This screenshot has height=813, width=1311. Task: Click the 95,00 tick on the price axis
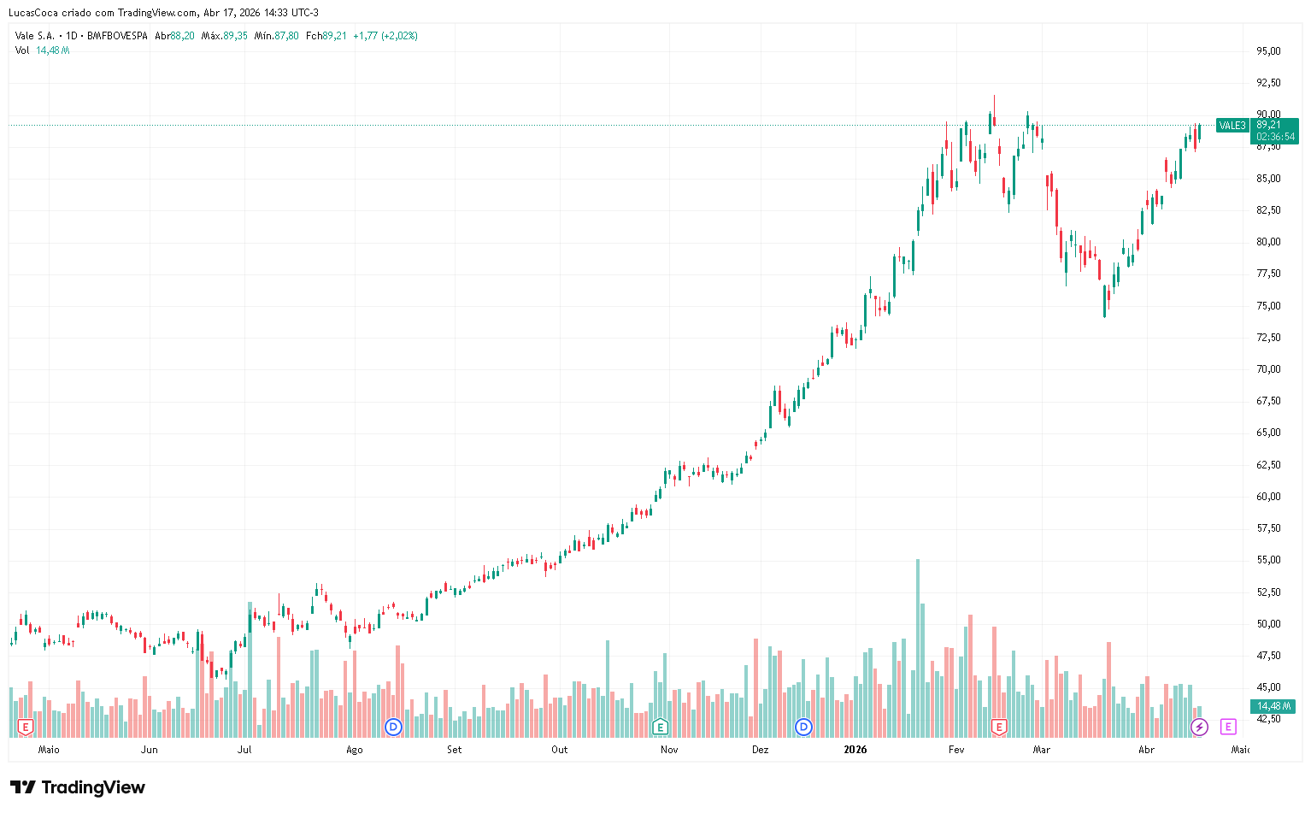[1267, 51]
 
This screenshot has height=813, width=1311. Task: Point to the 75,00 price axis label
[1267, 306]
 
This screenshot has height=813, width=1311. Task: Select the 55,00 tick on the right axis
[1267, 560]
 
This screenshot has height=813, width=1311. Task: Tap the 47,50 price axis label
[1267, 656]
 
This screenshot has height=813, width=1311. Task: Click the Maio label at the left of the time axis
[49, 750]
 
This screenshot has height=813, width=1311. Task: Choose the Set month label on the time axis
[454, 750]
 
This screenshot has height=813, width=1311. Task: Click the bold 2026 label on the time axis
[855, 750]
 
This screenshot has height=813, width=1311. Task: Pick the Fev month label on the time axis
[955, 750]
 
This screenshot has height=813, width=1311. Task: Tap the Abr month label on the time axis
[1146, 750]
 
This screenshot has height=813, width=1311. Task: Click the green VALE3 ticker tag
[1232, 126]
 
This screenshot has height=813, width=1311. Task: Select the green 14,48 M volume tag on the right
[1273, 706]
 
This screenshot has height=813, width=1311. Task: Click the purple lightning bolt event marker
[1199, 728]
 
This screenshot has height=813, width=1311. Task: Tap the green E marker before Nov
[660, 728]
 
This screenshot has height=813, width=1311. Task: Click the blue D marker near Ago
[393, 728]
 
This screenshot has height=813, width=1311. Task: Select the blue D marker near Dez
[803, 728]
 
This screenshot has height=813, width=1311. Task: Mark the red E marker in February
[998, 728]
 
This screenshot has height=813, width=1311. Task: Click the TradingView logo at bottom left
[78, 787]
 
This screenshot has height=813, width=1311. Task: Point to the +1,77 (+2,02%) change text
[385, 36]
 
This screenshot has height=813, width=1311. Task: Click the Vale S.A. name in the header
[35, 36]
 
